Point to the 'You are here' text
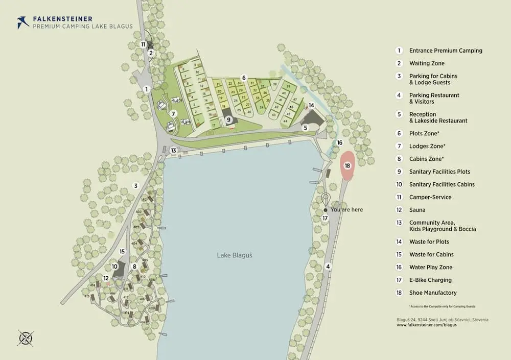pyautogui.click(x=347, y=209)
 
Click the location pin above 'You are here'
pyautogui.click(x=324, y=199)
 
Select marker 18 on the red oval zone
pyautogui.click(x=347, y=166)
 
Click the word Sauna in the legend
pyautogui.click(x=417, y=210)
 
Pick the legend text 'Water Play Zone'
pyautogui.click(x=430, y=267)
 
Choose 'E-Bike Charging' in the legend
pyautogui.click(x=430, y=280)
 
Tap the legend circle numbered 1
pyautogui.click(x=399, y=51)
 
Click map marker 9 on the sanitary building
pyautogui.click(x=229, y=119)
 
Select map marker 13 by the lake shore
pyautogui.click(x=174, y=150)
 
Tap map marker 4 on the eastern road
pyautogui.click(x=328, y=266)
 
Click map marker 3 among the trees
pyautogui.click(x=136, y=185)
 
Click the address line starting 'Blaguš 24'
pyautogui.click(x=443, y=319)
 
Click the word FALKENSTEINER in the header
pyautogui.click(x=62, y=19)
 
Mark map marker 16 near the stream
pyautogui.click(x=340, y=142)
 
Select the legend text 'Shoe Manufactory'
pyautogui.click(x=433, y=293)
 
